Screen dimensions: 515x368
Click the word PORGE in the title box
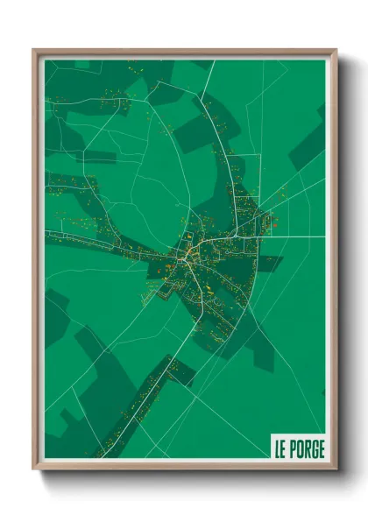click(x=308, y=449)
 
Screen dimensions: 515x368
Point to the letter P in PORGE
click(x=294, y=449)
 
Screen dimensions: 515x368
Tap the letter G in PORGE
click(x=315, y=449)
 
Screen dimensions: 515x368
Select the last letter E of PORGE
click(x=322, y=449)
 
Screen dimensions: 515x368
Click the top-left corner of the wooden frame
click(x=34, y=51)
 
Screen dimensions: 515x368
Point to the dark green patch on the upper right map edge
click(x=311, y=145)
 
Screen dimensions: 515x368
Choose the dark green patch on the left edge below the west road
click(x=55, y=315)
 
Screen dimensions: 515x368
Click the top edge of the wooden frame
click(x=184, y=52)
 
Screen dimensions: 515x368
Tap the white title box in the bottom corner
click(x=298, y=449)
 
